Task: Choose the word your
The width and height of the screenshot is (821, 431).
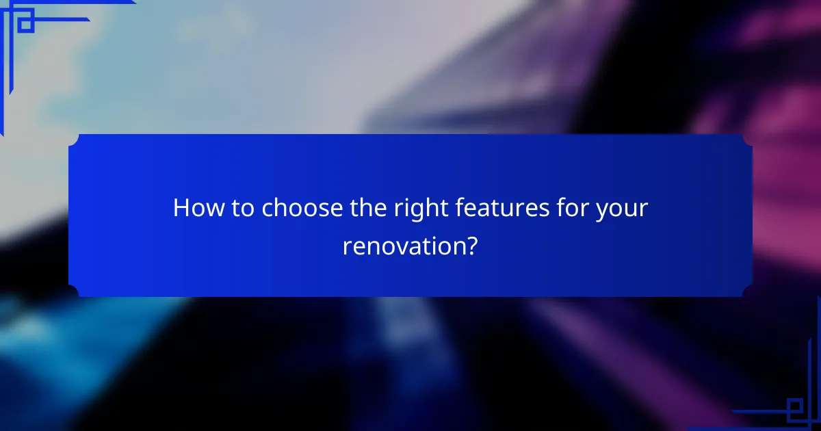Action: (620, 208)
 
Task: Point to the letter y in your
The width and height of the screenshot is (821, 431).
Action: (600, 211)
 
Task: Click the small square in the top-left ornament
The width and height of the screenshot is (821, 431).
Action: (25, 24)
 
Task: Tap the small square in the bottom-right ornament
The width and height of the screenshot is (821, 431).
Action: (794, 408)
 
